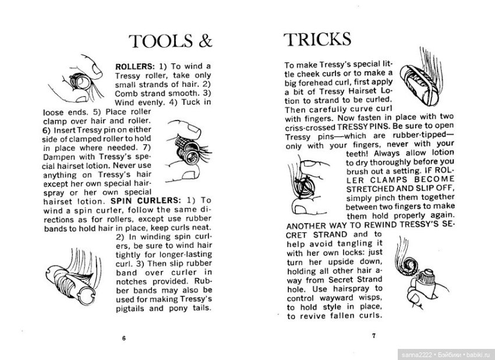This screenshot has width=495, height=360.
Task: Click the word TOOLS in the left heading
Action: click(161, 41)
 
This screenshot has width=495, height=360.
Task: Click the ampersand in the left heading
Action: click(205, 41)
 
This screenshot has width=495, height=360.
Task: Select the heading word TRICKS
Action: click(317, 39)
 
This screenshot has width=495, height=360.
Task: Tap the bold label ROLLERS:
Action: click(135, 66)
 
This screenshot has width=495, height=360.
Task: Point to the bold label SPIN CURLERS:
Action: click(146, 201)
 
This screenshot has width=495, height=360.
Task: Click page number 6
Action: click(123, 338)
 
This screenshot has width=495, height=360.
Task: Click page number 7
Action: click(374, 336)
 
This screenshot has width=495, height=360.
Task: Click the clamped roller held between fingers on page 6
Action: click(189, 151)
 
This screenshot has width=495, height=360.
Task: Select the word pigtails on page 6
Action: click(130, 309)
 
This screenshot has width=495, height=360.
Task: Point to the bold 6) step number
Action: click(47, 130)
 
